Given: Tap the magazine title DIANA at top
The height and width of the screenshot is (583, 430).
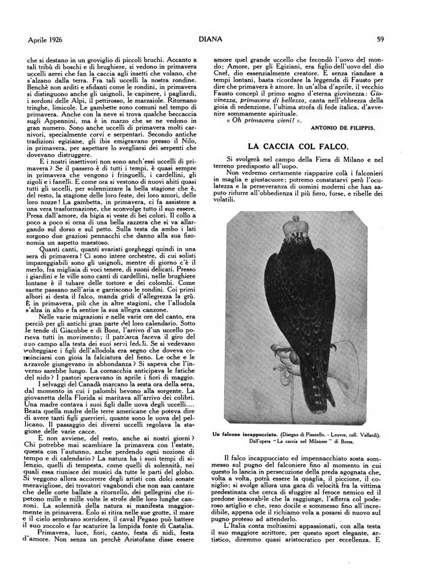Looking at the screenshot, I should tap(215, 40).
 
